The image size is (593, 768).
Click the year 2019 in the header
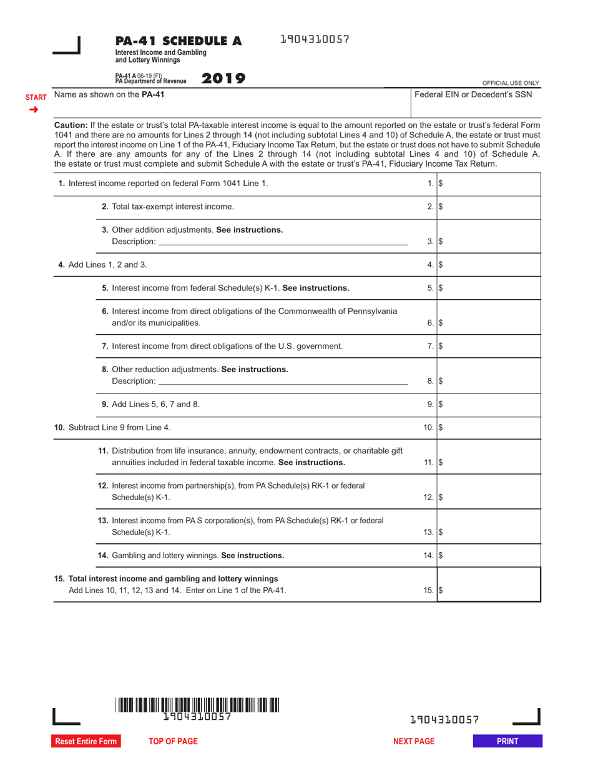coord(223,79)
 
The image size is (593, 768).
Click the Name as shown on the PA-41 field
coord(231,102)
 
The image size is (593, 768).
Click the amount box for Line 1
coord(488,184)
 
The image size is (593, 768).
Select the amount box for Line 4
coord(488,265)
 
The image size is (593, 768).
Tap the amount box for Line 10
coord(488,428)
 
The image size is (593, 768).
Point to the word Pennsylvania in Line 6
coord(365,311)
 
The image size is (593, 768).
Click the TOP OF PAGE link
coord(173,741)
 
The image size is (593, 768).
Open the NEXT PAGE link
coord(414,741)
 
